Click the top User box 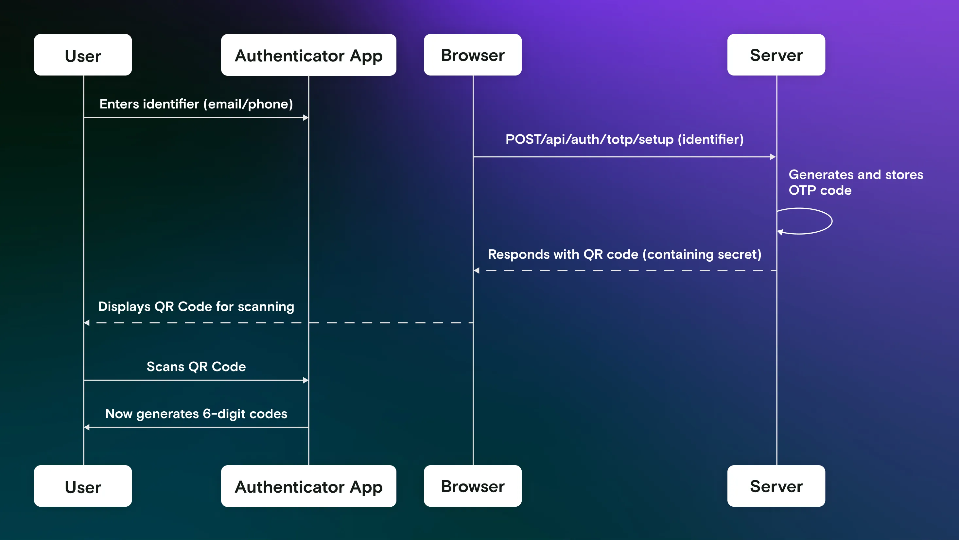coord(83,55)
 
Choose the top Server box coord(776,55)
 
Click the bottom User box coord(83,486)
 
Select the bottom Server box coord(776,486)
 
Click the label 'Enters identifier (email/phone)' coord(196,104)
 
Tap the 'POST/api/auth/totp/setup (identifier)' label coord(624,139)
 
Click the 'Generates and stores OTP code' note coord(856,182)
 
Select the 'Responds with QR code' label coord(624,254)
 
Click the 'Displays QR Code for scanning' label coord(196,306)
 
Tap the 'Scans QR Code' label coord(196,367)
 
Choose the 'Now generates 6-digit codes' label coord(196,414)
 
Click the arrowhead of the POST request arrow coord(773,157)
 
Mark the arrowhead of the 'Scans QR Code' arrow coord(305,380)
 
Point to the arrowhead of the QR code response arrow coord(477,270)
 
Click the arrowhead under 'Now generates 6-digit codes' coord(87,427)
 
